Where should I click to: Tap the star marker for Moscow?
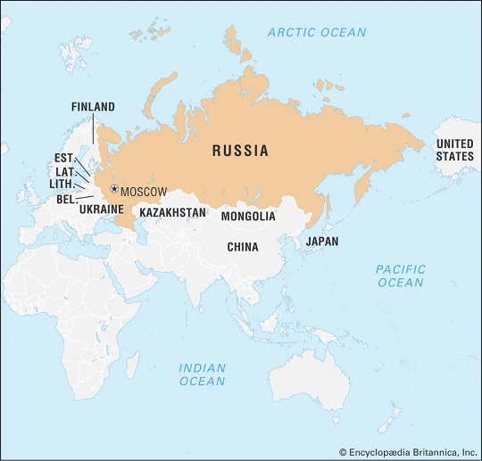(x=114, y=189)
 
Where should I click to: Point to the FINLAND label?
(x=93, y=107)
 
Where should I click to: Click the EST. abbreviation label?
(x=65, y=158)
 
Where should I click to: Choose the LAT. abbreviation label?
(x=65, y=171)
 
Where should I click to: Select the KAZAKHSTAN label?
(x=173, y=213)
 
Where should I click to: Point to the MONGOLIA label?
(x=247, y=215)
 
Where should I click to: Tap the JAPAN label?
(x=321, y=241)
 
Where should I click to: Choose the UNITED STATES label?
(x=454, y=150)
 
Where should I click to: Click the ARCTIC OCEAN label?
(x=317, y=32)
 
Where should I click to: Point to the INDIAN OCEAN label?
(x=203, y=374)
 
